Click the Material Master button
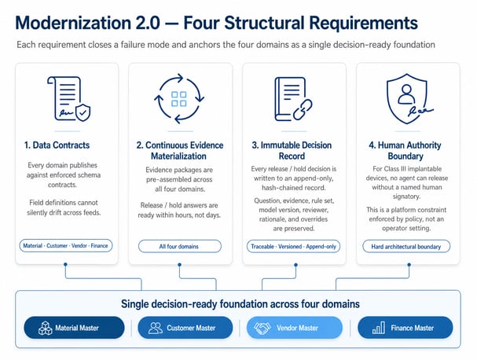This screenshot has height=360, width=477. click(x=74, y=328)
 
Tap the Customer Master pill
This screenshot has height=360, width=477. click(x=185, y=328)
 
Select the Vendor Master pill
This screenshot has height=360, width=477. click(x=295, y=328)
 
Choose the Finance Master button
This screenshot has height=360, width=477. click(x=405, y=328)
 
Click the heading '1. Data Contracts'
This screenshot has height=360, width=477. click(x=57, y=145)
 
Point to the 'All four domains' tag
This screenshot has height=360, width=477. click(x=179, y=246)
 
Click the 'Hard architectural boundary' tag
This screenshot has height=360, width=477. click(x=406, y=246)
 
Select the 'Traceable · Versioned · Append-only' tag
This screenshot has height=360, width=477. click(x=293, y=246)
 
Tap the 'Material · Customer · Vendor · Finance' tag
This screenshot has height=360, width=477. click(x=66, y=245)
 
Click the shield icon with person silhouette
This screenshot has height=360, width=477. click(x=408, y=98)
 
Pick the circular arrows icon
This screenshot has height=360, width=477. click(x=179, y=98)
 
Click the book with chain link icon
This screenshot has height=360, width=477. click(x=293, y=99)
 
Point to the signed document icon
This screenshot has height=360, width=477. click(x=68, y=98)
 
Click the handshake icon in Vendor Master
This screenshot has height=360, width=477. click(x=262, y=328)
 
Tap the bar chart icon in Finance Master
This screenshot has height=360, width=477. click(x=379, y=328)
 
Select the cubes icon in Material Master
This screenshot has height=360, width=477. click(x=46, y=328)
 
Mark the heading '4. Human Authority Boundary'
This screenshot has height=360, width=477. click(x=405, y=151)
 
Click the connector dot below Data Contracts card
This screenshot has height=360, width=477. click(x=65, y=264)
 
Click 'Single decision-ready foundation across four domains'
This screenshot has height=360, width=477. click(x=240, y=303)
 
